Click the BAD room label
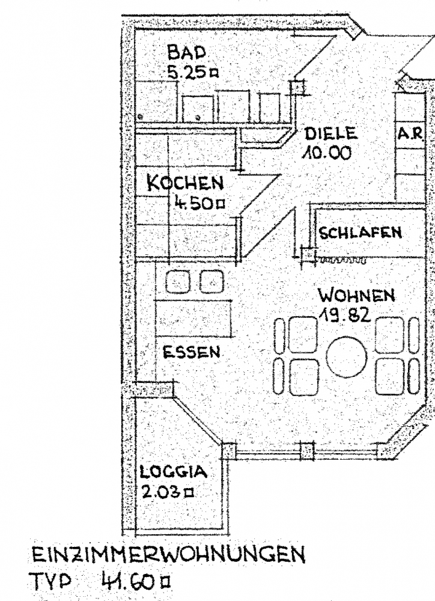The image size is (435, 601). pyautogui.click(x=187, y=53)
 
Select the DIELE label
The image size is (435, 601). pyautogui.click(x=330, y=134)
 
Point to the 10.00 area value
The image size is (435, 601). pyautogui.click(x=326, y=154)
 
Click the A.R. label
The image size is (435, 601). pyautogui.click(x=410, y=135)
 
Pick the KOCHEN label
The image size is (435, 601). pyautogui.click(x=185, y=183)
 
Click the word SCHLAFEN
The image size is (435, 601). pyautogui.click(x=360, y=232)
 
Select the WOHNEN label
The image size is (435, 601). pyautogui.click(x=357, y=296)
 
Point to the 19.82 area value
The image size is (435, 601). pyautogui.click(x=345, y=315)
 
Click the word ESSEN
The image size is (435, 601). pyautogui.click(x=192, y=352)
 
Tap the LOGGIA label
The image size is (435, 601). pyautogui.click(x=173, y=472)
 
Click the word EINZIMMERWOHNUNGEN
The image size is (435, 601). pyautogui.click(x=168, y=555)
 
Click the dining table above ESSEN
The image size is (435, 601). pyautogui.click(x=194, y=318)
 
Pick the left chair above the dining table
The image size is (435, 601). pyautogui.click(x=178, y=281)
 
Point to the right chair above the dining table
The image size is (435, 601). pyautogui.click(x=211, y=281)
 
